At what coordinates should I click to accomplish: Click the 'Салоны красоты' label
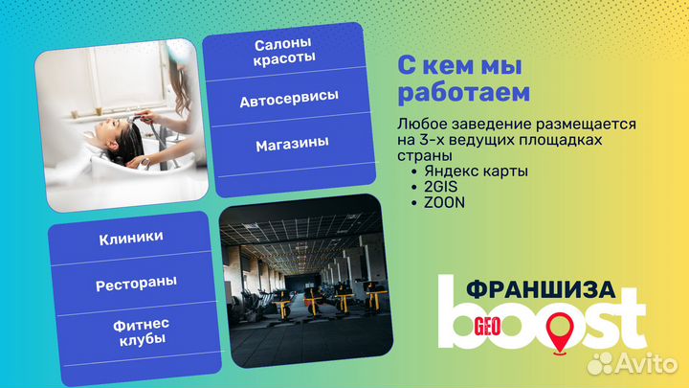click(285, 53)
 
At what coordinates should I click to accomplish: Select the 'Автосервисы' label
click(288, 100)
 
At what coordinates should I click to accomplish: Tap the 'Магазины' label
click(292, 144)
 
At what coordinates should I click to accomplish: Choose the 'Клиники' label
click(130, 237)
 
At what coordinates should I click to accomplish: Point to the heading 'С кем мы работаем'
click(463, 80)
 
